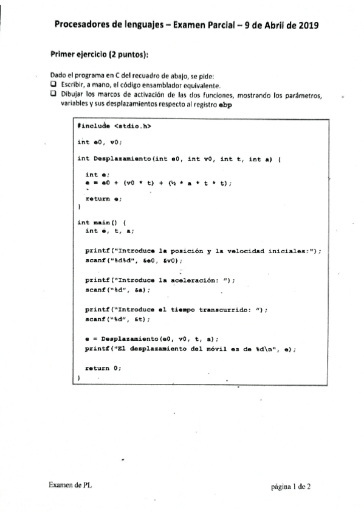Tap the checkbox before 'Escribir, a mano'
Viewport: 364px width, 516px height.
(x=53, y=85)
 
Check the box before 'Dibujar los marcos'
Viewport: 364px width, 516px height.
(x=53, y=95)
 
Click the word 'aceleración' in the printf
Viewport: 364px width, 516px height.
(x=202, y=280)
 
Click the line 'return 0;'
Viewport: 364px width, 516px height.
(x=103, y=368)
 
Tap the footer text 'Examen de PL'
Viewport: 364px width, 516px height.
(x=70, y=486)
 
